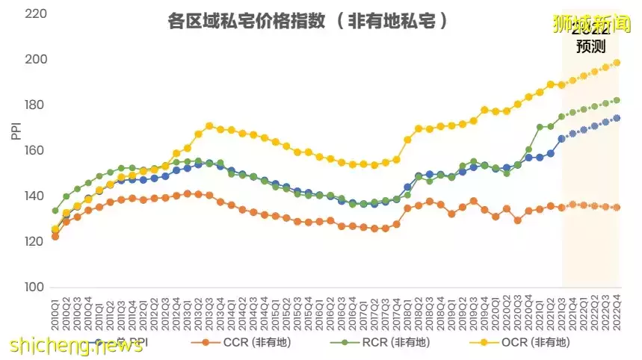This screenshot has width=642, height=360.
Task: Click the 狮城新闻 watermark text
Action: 591,24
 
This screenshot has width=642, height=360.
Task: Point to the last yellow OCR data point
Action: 617,63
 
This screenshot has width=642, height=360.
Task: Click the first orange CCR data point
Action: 55,236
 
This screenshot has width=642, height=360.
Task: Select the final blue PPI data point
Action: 617,118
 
